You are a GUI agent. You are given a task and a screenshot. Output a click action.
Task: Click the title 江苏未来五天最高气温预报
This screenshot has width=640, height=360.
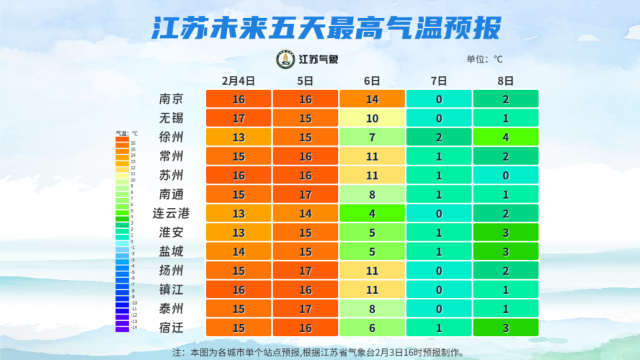(x=325, y=29)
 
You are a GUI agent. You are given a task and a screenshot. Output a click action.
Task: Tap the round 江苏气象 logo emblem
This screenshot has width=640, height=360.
(x=285, y=59)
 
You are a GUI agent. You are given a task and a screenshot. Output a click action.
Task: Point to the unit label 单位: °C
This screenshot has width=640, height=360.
(x=485, y=59)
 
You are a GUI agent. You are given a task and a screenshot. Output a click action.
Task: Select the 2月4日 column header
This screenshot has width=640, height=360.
(x=238, y=81)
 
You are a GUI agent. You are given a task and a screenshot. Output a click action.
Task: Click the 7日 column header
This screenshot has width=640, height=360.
(x=439, y=81)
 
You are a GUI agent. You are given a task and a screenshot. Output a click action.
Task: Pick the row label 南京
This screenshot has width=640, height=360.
(x=171, y=99)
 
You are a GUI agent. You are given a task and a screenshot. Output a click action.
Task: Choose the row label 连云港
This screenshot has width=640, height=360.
(x=171, y=213)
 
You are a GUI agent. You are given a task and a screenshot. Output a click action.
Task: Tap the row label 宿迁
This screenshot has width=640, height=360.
(x=171, y=328)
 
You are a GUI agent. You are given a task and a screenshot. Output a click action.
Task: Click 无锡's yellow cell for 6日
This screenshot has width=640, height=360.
(x=372, y=118)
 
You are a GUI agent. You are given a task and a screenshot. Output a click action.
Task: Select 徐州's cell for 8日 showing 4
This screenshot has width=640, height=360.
(x=505, y=137)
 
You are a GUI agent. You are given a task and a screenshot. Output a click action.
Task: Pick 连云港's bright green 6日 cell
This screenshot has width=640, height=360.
(x=372, y=213)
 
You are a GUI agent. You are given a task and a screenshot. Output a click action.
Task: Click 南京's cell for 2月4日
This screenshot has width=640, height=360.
(x=238, y=99)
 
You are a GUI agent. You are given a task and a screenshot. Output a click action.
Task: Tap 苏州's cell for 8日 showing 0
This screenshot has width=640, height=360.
(x=505, y=175)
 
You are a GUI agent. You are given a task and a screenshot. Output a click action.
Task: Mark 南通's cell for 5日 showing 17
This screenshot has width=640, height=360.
(x=305, y=195)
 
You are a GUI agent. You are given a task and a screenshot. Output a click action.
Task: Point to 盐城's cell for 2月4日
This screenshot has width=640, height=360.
(x=238, y=252)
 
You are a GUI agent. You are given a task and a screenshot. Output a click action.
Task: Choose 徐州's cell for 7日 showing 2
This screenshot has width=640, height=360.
(x=439, y=137)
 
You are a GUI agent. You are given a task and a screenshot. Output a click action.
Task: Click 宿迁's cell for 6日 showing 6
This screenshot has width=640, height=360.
(x=372, y=328)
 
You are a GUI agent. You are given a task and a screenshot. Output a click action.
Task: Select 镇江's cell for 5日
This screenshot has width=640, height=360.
(x=305, y=290)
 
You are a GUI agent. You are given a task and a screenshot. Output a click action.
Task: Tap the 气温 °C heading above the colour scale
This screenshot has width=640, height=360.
(x=126, y=133)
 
